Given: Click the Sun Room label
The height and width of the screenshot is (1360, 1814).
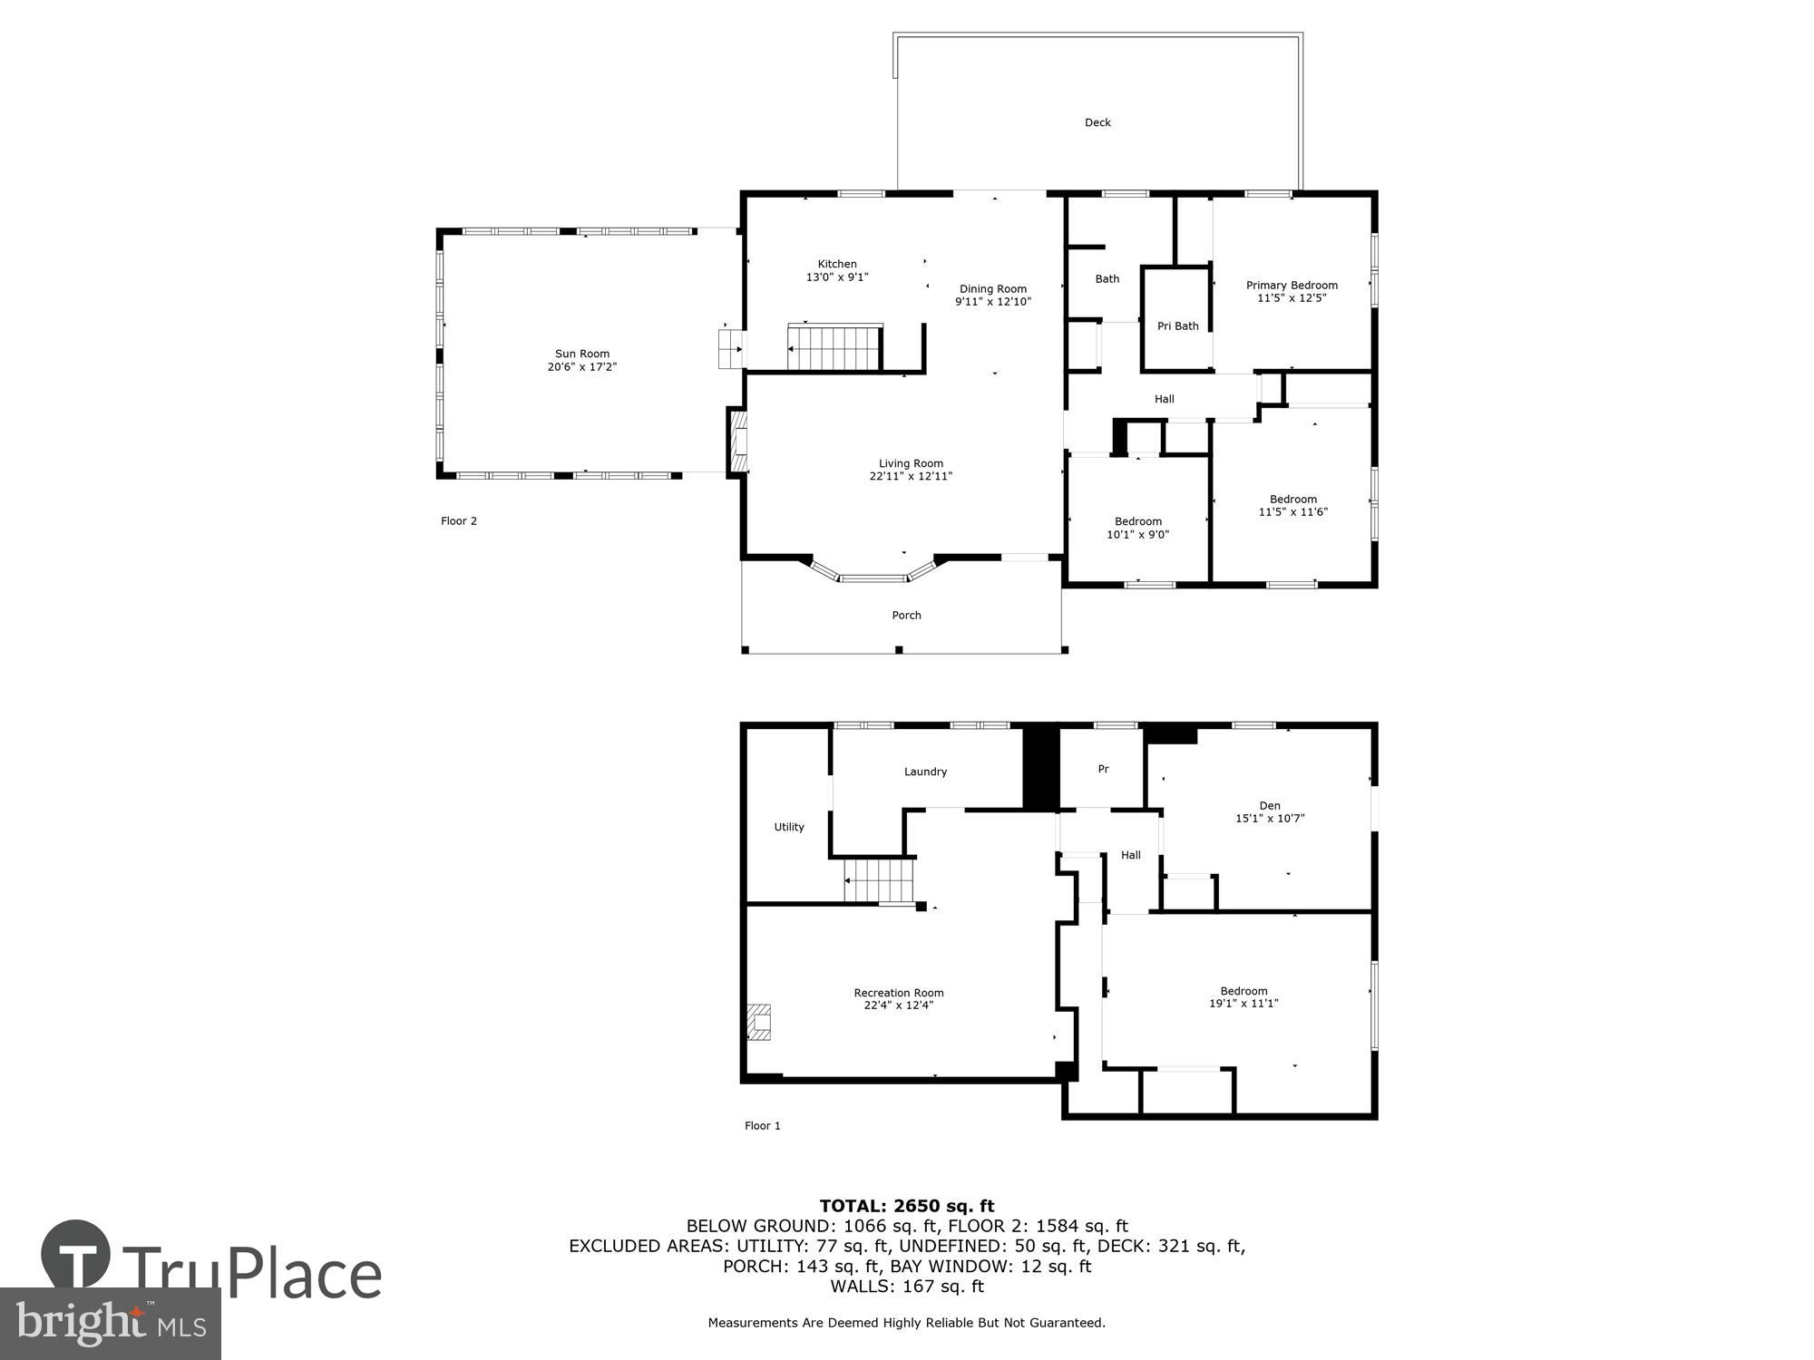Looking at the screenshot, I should click(581, 355).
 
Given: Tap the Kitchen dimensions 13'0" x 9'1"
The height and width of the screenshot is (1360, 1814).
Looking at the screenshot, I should click(837, 277).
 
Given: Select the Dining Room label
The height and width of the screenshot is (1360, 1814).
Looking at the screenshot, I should click(992, 289).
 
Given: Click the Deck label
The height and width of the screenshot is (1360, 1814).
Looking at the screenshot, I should click(1097, 122).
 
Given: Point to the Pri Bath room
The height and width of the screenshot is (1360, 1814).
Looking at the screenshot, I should click(1177, 325).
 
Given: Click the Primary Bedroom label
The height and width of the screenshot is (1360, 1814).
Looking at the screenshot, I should click(1292, 286).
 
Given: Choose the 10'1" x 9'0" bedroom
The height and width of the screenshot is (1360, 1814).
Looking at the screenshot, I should click(1137, 528).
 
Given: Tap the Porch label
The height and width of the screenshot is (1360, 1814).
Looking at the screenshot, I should click(906, 616).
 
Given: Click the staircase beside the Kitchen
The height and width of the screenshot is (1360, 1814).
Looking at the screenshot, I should click(834, 348).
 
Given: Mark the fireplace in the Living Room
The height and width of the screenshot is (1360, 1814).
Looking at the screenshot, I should click(737, 441).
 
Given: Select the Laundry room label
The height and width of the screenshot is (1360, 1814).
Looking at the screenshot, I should click(925, 772).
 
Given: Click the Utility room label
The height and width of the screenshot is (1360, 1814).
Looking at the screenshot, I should click(788, 827).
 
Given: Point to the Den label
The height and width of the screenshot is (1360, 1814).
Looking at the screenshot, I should click(1270, 805).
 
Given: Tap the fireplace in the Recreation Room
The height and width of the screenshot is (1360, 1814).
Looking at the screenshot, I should click(758, 1022).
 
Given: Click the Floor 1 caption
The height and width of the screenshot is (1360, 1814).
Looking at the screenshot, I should click(762, 1125).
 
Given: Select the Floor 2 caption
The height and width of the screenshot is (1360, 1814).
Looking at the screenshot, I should click(458, 520).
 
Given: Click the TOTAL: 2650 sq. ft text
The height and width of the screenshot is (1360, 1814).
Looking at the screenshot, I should click(907, 1206).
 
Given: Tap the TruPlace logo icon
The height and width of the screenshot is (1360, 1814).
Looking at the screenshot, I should click(76, 1256).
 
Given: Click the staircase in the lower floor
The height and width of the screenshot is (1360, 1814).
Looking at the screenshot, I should click(878, 881).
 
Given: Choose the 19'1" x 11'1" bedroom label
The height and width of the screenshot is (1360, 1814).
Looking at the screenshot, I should click(1243, 997).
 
